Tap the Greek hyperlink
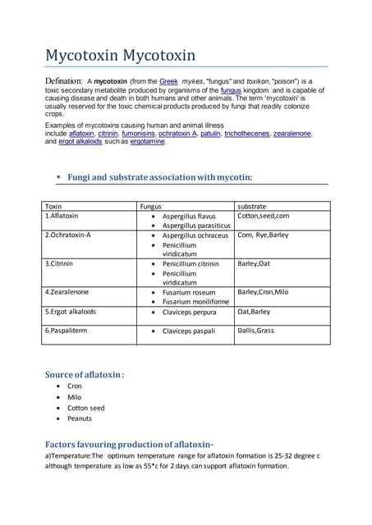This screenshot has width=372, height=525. (x=169, y=83)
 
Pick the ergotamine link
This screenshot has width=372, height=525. (x=145, y=141)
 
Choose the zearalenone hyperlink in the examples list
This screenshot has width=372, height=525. (x=293, y=133)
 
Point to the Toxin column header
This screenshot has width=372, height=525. (x=54, y=207)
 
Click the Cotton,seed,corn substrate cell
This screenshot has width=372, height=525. (x=263, y=216)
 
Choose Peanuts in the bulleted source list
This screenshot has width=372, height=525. (x=80, y=418)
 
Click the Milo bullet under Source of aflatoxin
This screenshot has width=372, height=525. (x=75, y=397)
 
